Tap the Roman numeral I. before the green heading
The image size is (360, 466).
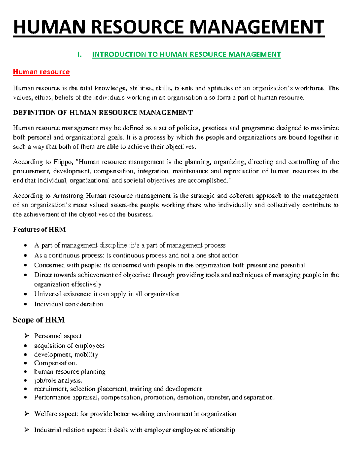point(79,55)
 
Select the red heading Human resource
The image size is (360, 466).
point(41,72)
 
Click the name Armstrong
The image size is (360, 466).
point(69,196)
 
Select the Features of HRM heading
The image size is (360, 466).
point(39,230)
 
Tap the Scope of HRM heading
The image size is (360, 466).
point(39,320)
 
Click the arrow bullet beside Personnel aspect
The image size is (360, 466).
point(27,336)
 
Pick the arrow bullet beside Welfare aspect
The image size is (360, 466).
point(27,414)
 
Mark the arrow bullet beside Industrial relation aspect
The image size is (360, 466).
point(27,430)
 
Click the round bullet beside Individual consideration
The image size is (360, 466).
point(27,304)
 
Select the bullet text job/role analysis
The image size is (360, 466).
point(58,380)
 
